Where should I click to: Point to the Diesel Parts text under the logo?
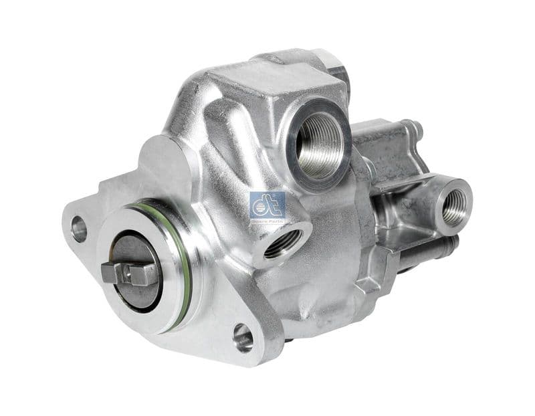[267, 220]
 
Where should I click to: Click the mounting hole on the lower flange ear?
[243, 337]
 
